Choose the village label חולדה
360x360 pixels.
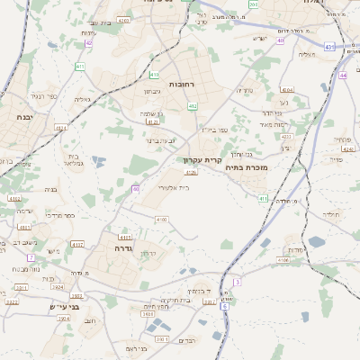tap(332, 215)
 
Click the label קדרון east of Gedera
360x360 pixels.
tap(148, 255)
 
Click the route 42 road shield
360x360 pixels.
tap(88, 42)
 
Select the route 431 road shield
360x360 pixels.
tap(329, 47)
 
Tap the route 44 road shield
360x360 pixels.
tap(344, 76)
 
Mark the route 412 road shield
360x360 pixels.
tap(192, 106)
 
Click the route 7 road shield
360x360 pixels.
tap(30, 257)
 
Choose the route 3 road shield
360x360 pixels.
tap(236, 282)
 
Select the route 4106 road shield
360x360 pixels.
tap(283, 260)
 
